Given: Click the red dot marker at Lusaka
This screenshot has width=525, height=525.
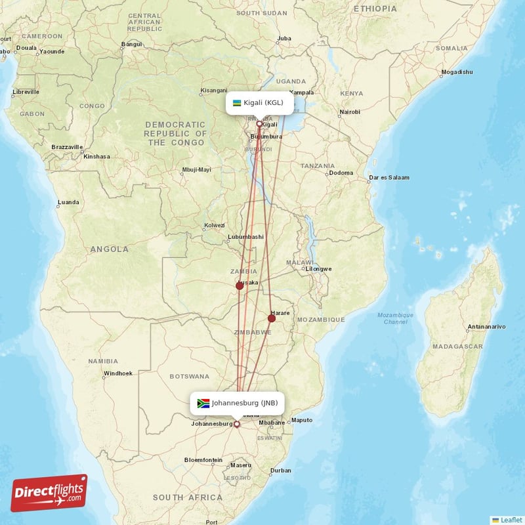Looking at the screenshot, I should point(240,285).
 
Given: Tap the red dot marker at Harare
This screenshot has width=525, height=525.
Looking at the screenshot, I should point(272,318).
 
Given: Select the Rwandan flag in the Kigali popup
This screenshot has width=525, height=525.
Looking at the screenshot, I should point(237,102).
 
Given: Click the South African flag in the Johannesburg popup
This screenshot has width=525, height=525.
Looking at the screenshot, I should point(203,403).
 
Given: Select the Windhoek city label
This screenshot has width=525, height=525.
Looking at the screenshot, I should point(117,373).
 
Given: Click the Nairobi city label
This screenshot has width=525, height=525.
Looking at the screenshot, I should point(350,112).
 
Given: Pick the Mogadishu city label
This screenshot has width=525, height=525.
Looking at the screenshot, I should point(457,72).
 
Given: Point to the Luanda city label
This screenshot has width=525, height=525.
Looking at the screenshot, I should point(69,201).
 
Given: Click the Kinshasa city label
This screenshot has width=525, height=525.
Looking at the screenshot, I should point(96,156).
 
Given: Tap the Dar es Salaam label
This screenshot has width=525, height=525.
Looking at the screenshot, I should point(389,177).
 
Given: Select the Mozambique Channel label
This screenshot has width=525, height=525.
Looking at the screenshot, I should point(396,318).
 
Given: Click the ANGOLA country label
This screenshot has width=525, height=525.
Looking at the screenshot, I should point(110,249).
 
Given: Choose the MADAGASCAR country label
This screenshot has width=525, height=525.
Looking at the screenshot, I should point(458,346).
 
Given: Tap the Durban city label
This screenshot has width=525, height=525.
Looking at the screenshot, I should point(281,470).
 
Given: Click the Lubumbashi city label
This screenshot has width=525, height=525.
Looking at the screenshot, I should point(245,236).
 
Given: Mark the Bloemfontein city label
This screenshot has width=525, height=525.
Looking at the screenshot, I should point(203,459).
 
